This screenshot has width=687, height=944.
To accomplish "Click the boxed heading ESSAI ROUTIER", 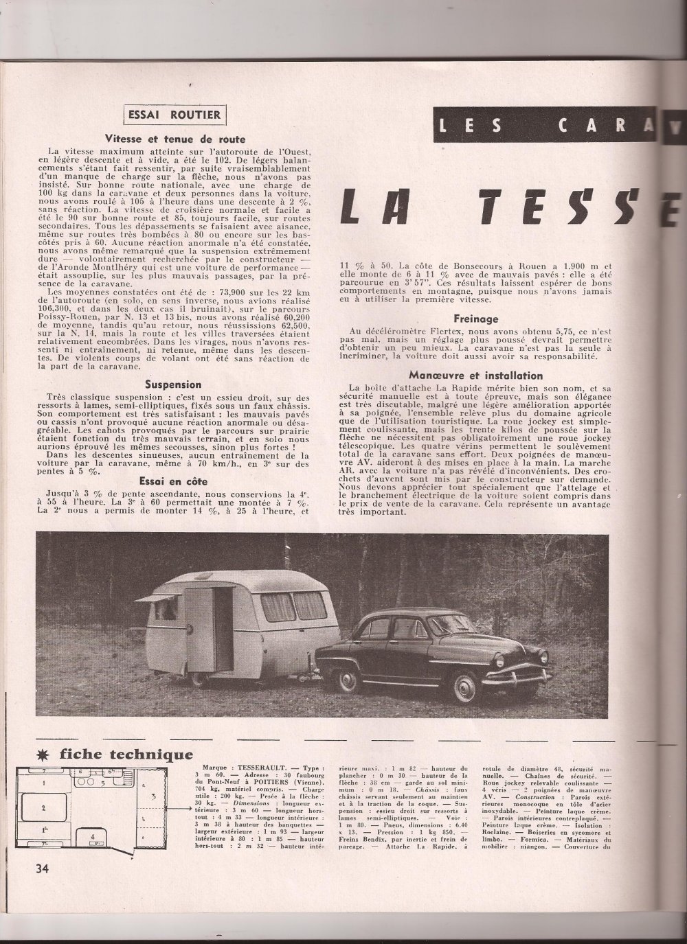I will [173, 115].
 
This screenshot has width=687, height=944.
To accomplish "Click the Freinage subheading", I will [475, 319].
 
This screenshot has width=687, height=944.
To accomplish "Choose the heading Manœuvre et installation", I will [475, 376].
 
